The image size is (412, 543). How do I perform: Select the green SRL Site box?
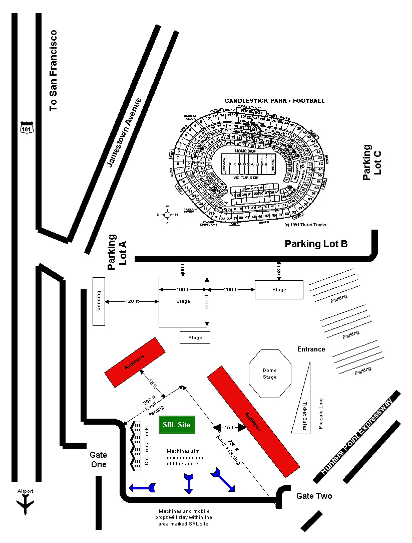tap(176, 425)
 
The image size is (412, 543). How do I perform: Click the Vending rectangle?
tap(99, 301)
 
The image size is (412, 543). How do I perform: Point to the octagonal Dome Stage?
tap(270, 374)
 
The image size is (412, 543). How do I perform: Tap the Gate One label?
tap(98, 459)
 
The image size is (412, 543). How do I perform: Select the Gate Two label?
tap(314, 496)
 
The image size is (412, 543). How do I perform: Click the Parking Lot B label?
tap(316, 244)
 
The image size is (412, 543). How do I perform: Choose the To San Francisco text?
tap(54, 70)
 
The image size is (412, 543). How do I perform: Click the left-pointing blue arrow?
tap(143, 487)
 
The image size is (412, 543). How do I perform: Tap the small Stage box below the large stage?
tap(195, 337)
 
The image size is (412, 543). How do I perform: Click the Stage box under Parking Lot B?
tap(279, 290)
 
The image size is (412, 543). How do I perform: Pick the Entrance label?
tap(311, 349)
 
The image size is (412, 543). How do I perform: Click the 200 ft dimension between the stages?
tap(231, 289)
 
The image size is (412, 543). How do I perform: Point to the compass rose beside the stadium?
tap(168, 214)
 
